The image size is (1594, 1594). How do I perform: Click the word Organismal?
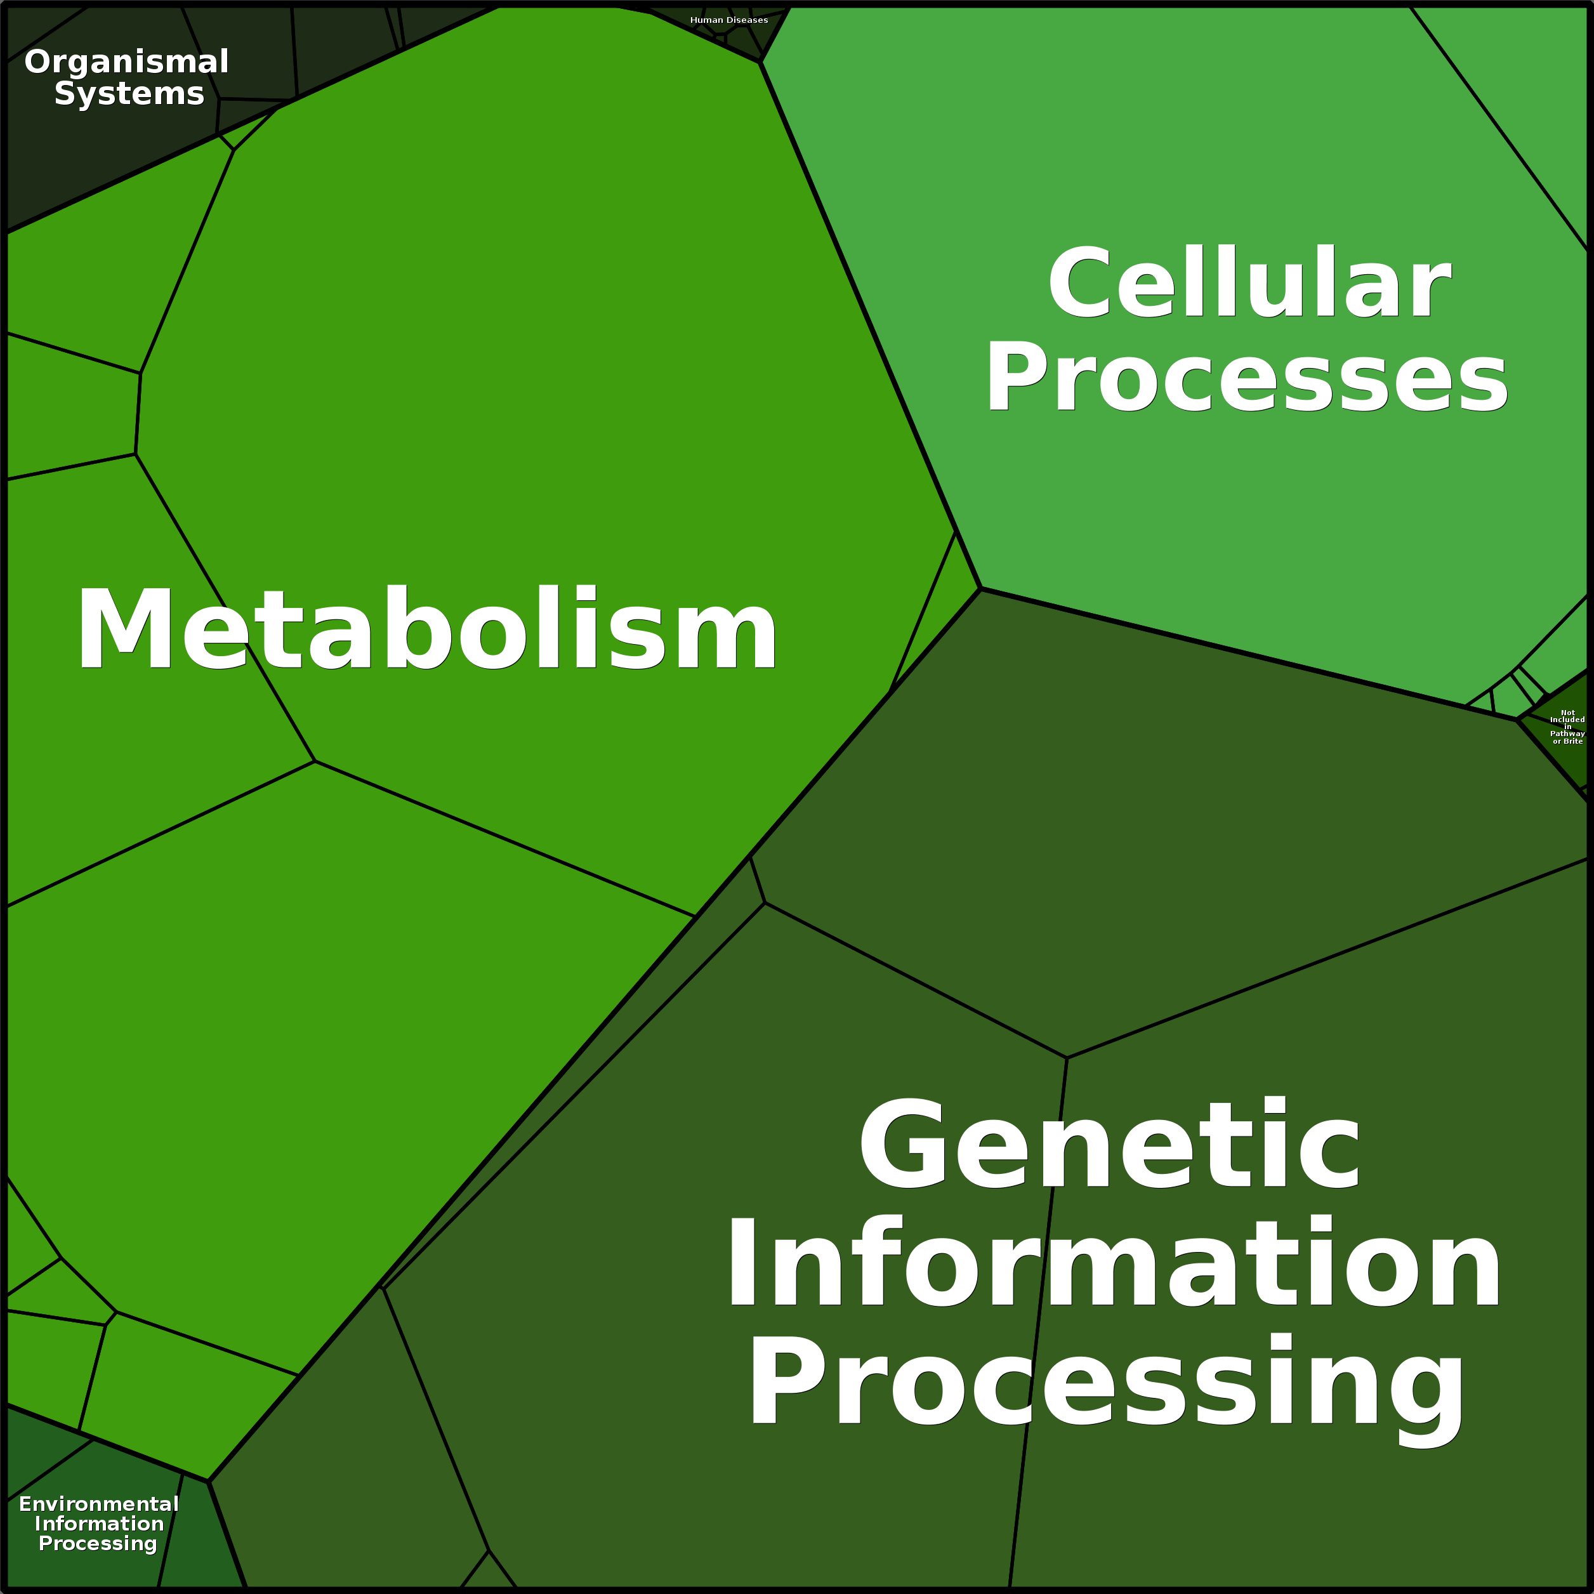(126, 63)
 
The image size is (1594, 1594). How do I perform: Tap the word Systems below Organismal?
(129, 94)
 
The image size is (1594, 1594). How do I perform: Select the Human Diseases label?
(728, 20)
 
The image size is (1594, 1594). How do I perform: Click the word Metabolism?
(426, 629)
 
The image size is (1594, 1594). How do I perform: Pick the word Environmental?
(99, 1504)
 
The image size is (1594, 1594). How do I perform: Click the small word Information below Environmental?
(99, 1524)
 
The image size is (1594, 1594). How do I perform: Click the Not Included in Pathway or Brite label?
(1567, 727)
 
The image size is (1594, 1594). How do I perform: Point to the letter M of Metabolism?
(124, 629)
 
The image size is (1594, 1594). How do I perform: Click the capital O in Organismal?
(38, 63)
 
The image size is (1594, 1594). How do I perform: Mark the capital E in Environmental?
(25, 1504)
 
